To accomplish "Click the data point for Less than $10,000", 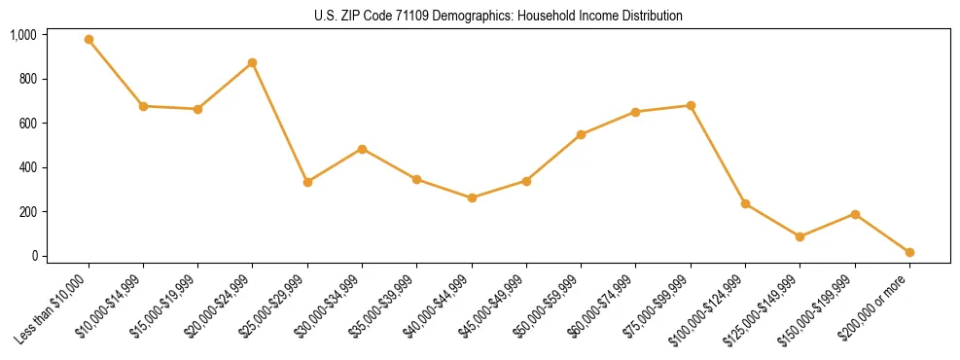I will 89,40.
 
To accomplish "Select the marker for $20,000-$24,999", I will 253,62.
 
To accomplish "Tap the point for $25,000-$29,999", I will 307,182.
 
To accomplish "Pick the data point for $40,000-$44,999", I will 472,198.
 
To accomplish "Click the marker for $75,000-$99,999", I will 691,105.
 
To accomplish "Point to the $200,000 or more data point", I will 909,252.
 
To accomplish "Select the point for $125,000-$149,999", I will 800,236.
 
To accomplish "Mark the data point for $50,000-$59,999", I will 581,134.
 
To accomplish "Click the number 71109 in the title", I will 404,16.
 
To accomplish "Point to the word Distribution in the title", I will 652,16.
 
